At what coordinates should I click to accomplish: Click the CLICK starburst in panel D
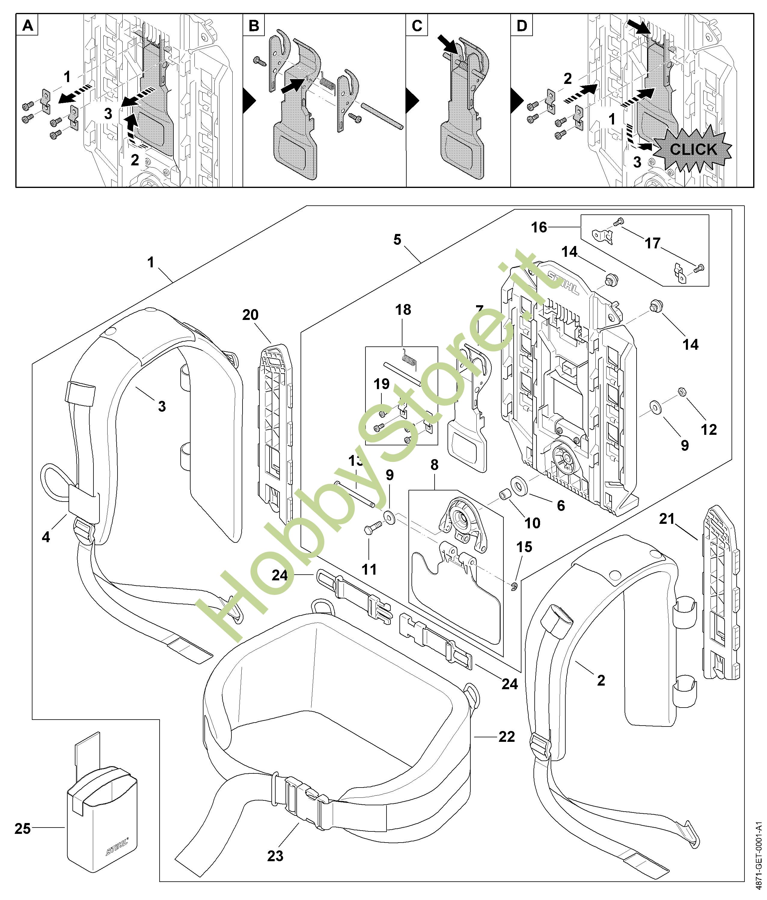click(693, 149)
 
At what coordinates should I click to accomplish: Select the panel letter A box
click(27, 26)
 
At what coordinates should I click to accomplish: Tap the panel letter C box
click(417, 26)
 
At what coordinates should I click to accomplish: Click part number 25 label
click(23, 828)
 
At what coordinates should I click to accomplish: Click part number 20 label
click(250, 315)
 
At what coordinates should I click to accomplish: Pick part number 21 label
click(667, 519)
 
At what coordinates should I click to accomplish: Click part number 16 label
click(539, 227)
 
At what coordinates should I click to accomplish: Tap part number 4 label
click(46, 537)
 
